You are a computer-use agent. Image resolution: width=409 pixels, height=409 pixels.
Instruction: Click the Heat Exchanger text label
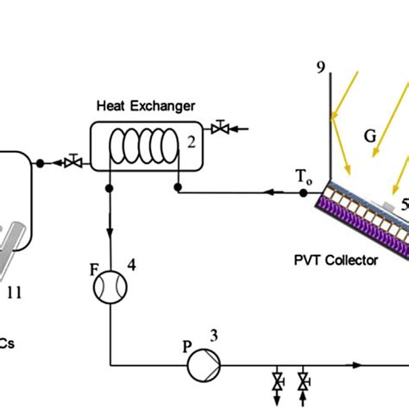click(x=146, y=106)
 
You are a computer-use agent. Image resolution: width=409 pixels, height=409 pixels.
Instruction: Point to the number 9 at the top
click(x=322, y=68)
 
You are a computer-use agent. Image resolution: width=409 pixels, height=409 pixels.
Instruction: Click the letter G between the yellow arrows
click(x=369, y=135)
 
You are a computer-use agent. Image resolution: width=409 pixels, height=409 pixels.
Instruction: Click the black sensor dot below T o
click(x=304, y=193)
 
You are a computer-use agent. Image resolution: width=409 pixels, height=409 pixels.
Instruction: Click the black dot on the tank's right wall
click(x=40, y=162)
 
